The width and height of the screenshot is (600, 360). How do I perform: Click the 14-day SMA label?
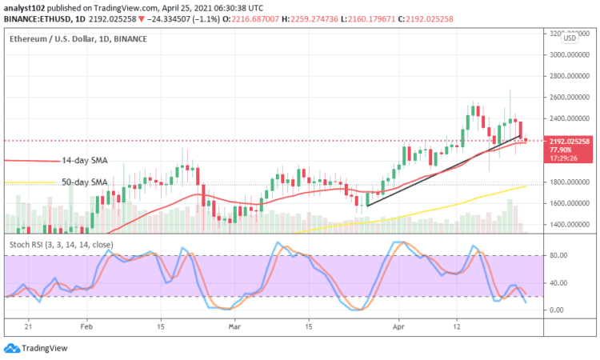tap(85, 160)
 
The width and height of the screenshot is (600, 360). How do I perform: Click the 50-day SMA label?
tap(85, 182)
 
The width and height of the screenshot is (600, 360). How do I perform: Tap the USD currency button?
tap(570, 38)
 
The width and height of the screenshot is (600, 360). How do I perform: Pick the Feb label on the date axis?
tap(87, 327)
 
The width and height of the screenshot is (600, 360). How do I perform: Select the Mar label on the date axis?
tap(234, 327)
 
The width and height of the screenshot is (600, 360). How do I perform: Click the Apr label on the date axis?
tap(397, 327)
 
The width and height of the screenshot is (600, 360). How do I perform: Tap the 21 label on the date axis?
tap(28, 327)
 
